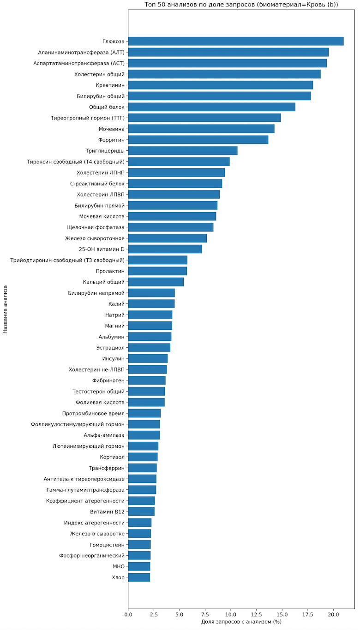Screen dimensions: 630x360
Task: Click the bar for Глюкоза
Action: (235, 41)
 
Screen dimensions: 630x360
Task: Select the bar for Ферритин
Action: (198, 140)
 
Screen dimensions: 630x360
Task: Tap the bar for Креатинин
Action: (220, 85)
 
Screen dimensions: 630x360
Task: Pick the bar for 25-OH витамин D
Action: (165, 249)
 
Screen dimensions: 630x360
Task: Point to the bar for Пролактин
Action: (157, 271)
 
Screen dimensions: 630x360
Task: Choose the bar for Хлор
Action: (139, 577)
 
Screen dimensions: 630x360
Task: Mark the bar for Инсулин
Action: (148, 358)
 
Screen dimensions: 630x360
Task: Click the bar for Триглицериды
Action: (182, 151)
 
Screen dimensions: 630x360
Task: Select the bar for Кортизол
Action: (143, 457)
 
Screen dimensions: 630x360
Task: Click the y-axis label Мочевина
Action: (111, 129)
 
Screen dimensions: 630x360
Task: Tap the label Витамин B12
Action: (107, 512)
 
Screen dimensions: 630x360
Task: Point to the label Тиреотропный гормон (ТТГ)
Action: (88, 118)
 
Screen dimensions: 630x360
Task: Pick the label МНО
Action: (118, 566)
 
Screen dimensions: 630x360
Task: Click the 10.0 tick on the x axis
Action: (231, 614)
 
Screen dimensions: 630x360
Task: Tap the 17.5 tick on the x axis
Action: (307, 614)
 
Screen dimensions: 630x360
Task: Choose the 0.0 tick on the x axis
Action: (128, 614)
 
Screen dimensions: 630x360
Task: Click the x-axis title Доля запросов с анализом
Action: (241, 622)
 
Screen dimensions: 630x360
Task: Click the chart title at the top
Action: (241, 5)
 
